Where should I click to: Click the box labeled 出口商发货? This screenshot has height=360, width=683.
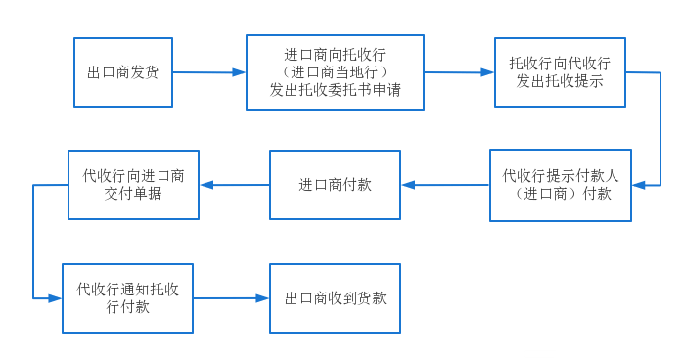pyautogui.click(x=123, y=72)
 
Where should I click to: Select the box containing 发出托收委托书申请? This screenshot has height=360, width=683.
pyautogui.click(x=335, y=73)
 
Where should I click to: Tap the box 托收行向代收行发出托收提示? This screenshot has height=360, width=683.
pyautogui.click(x=560, y=72)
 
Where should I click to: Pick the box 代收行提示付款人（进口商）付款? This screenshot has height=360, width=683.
pyautogui.click(x=560, y=185)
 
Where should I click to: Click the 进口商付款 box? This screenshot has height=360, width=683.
pyautogui.click(x=335, y=185)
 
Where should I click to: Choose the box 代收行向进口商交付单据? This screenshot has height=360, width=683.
pyautogui.click(x=133, y=185)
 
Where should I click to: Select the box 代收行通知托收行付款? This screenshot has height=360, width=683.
pyautogui.click(x=127, y=297)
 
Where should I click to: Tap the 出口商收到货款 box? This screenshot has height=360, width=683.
pyautogui.click(x=335, y=298)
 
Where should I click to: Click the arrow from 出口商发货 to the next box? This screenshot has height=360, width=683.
pyautogui.click(x=208, y=72)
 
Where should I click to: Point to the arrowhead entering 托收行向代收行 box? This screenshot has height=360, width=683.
pyautogui.click(x=488, y=72)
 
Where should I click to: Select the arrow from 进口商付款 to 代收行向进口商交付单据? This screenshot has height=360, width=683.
pyautogui.click(x=235, y=185)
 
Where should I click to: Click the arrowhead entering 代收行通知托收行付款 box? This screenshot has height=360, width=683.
pyautogui.click(x=56, y=298)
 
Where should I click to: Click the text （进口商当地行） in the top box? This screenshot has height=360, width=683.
pyautogui.click(x=335, y=73)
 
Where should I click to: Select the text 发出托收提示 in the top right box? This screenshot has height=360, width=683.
pyautogui.click(x=560, y=81)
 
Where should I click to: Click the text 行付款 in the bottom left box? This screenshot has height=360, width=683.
pyautogui.click(x=127, y=307)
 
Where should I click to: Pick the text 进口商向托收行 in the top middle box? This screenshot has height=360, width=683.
pyautogui.click(x=335, y=55)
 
